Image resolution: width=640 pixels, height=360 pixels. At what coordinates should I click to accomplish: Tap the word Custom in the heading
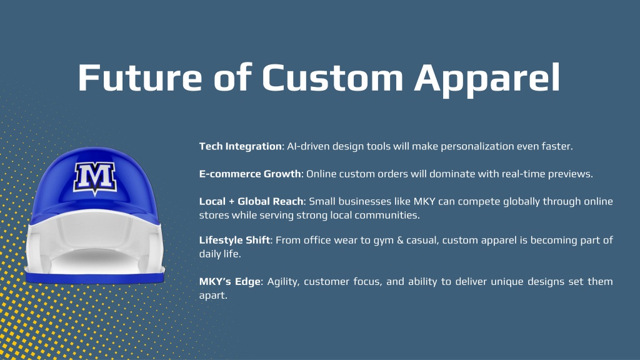[x=332, y=77]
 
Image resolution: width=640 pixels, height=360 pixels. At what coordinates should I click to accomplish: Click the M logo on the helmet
[x=95, y=178]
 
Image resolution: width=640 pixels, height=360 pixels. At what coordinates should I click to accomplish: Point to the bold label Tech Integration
[x=241, y=146]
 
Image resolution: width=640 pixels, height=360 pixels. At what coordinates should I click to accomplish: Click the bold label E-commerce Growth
[x=250, y=174]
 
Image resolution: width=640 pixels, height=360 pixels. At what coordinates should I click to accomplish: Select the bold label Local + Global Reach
[x=251, y=201]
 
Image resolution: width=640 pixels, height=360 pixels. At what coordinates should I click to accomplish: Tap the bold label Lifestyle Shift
[x=235, y=240]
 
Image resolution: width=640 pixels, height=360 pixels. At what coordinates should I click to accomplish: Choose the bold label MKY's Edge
[x=230, y=282]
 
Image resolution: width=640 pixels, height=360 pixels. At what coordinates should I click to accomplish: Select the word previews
[x=570, y=174]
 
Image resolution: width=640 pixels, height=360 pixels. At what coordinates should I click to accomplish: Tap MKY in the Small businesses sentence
[x=424, y=202]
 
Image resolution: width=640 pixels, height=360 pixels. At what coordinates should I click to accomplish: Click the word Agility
[x=283, y=282]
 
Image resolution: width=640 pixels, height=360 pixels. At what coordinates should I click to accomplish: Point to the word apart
[x=213, y=296]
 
